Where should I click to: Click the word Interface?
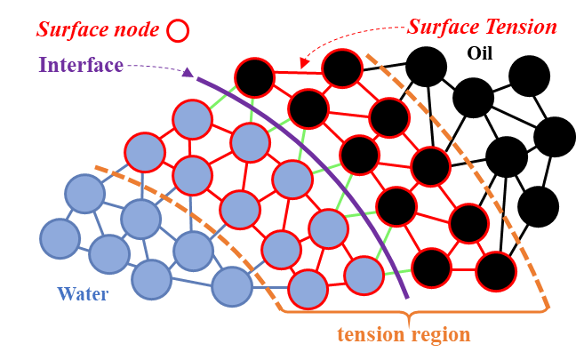(80, 66)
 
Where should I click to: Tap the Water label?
(82, 293)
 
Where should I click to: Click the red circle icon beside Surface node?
(178, 30)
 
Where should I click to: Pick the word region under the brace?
(441, 335)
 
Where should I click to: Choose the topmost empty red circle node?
(342, 68)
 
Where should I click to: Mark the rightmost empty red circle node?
(495, 271)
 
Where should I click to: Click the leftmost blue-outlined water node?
(60, 237)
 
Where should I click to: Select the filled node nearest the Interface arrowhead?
(191, 119)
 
